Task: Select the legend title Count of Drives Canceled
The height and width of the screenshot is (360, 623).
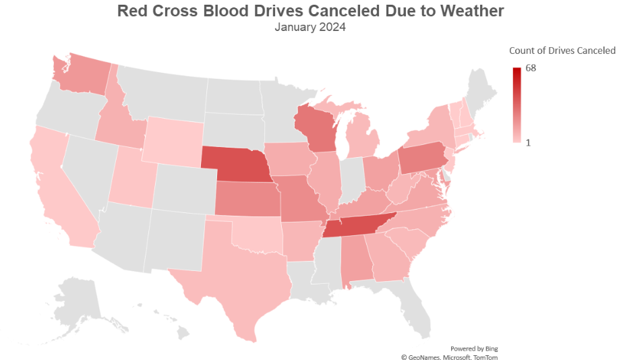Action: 562,51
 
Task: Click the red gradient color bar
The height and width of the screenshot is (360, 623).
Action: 516,104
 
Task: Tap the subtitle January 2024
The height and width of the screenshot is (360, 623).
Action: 310,28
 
